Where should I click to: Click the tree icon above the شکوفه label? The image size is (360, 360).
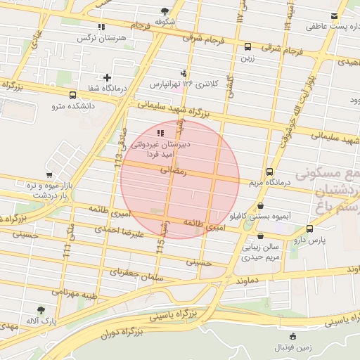[165, 11]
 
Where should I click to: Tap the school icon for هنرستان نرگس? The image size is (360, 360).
[102, 27]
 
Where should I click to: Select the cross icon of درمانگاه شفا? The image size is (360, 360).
[107, 77]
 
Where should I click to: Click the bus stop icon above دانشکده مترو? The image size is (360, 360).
[72, 95]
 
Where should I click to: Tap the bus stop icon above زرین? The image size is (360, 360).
[247, 47]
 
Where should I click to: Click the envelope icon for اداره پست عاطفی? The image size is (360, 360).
[334, 17]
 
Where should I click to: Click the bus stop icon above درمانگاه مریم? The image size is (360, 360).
[269, 172]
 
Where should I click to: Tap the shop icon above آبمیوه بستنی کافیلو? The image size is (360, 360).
[261, 206]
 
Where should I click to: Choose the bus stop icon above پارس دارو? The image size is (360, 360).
[309, 229]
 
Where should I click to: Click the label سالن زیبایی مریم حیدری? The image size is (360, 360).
[262, 252]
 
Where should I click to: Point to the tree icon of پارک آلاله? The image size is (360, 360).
[40, 309]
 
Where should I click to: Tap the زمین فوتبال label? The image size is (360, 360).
[293, 347]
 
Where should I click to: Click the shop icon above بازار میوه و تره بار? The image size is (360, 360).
[49, 175]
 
